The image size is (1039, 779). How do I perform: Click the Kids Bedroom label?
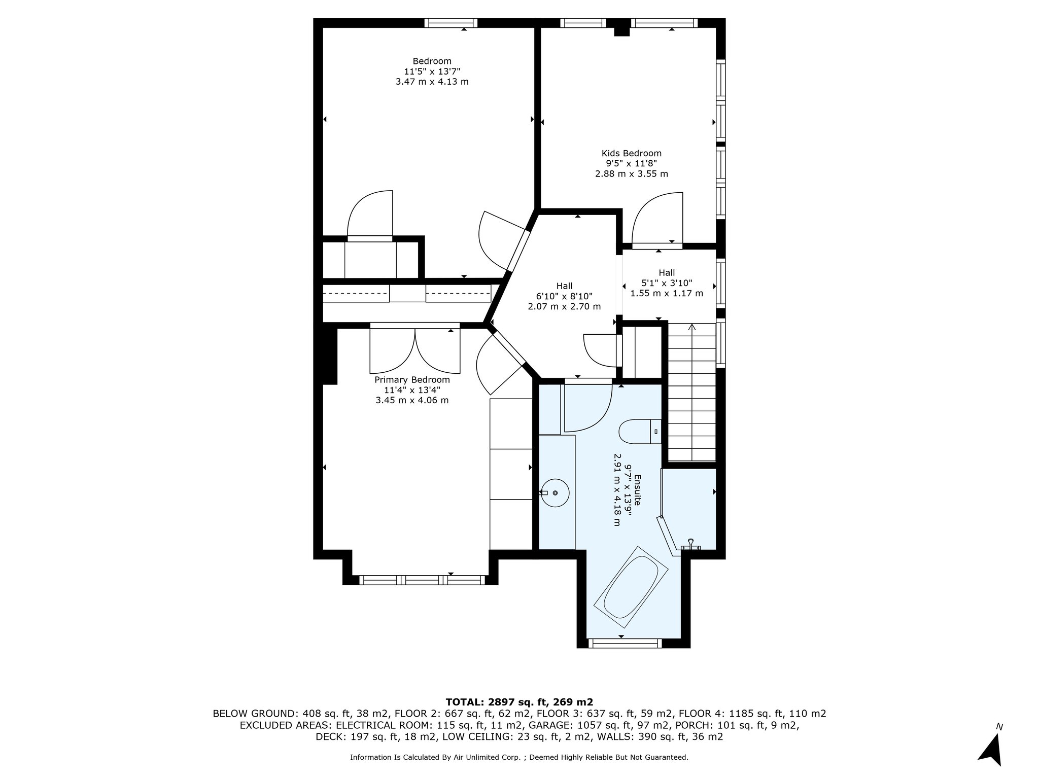631,153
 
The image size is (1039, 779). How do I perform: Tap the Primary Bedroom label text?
412,380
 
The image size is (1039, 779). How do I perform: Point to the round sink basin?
555,492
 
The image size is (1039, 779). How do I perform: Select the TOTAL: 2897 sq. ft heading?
519,702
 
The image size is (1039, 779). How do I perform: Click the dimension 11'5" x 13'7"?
432,72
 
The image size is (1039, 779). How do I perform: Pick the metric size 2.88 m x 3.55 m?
631,174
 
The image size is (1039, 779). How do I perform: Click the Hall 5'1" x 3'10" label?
667,283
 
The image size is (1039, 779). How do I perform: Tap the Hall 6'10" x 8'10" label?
564,296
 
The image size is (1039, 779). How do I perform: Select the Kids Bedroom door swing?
657,218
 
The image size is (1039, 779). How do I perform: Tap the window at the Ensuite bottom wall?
625,643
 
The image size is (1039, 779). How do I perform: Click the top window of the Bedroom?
451,23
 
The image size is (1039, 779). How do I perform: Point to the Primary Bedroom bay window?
422,580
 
